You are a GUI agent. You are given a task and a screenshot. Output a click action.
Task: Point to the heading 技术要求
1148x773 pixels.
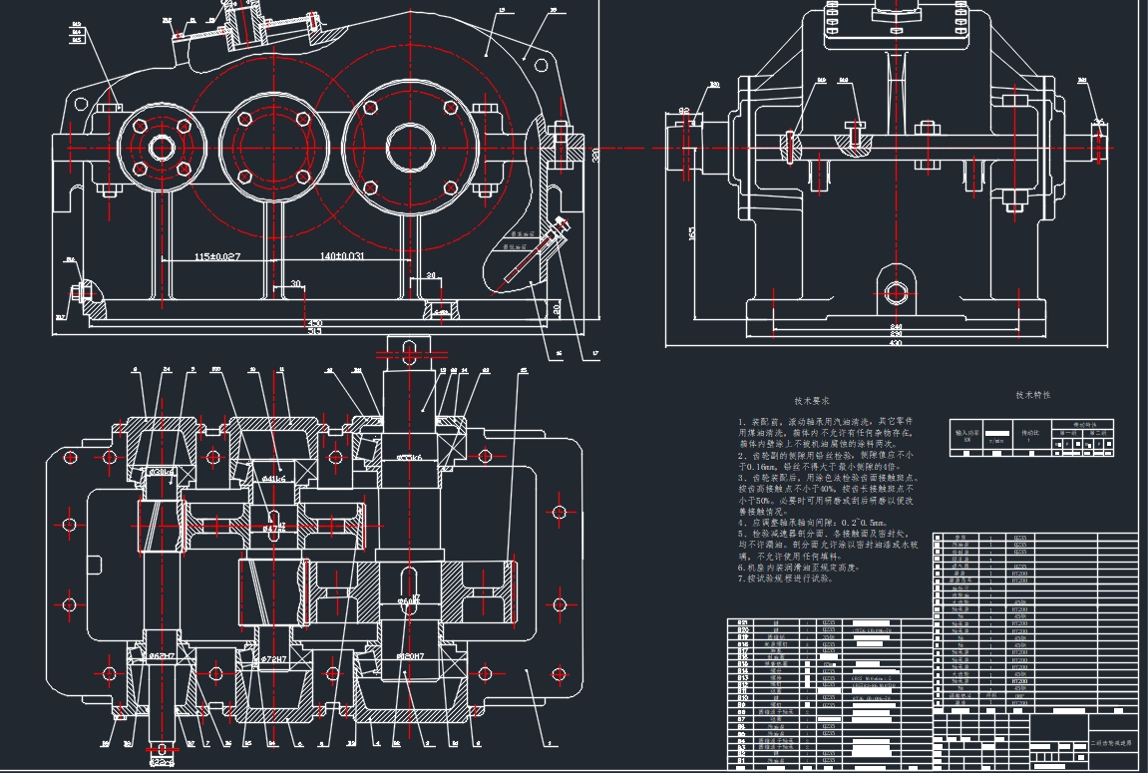pyautogui.click(x=812, y=400)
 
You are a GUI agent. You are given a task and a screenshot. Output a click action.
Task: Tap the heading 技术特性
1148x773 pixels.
pyautogui.click(x=1032, y=395)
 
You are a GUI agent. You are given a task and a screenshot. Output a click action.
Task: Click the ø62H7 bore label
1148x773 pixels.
pyautogui.click(x=162, y=655)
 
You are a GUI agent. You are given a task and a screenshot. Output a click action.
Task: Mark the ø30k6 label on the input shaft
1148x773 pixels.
pyautogui.click(x=163, y=472)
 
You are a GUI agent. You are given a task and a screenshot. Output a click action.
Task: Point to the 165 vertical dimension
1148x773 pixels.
pyautogui.click(x=692, y=233)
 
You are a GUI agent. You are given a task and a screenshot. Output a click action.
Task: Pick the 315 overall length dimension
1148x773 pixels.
pyautogui.click(x=315, y=332)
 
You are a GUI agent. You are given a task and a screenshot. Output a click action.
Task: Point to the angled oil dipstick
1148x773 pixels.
pyautogui.click(x=540, y=249)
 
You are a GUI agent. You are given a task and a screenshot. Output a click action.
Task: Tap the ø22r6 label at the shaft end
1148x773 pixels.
pyautogui.click(x=160, y=761)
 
